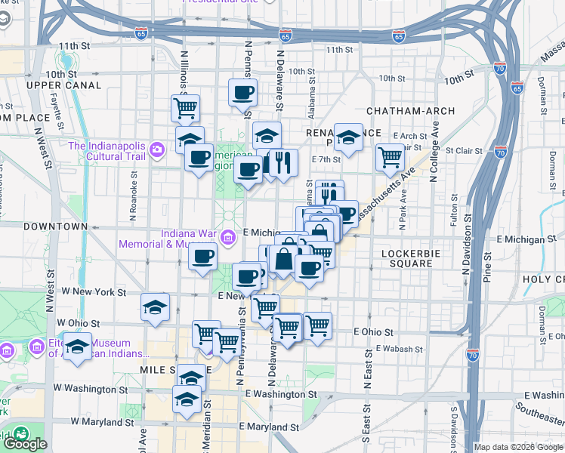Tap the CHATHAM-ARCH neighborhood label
(x=410, y=111)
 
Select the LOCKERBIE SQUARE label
(x=407, y=257)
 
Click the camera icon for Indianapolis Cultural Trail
(x=157, y=149)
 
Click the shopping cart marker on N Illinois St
(x=185, y=108)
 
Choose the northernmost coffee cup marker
(x=243, y=93)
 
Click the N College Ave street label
(x=434, y=156)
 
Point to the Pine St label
(x=487, y=267)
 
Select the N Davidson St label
(x=466, y=242)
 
